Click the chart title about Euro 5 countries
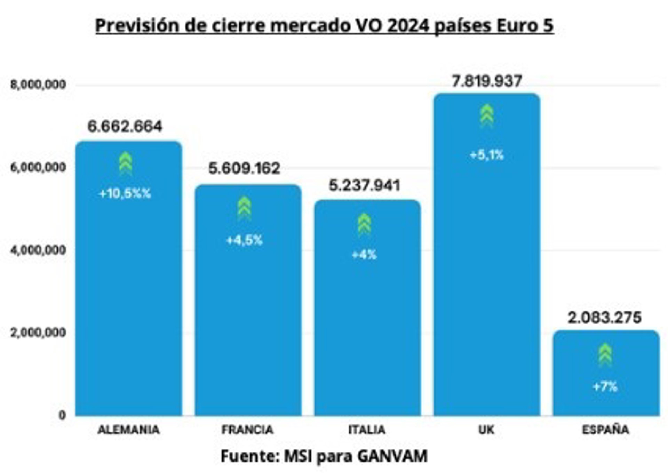click(x=324, y=26)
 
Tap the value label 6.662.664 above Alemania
click(x=125, y=126)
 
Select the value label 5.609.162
click(x=244, y=169)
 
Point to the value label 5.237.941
click(x=364, y=185)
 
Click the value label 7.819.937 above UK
click(x=487, y=81)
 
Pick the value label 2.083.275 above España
click(x=605, y=318)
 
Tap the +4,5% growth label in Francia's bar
click(x=244, y=240)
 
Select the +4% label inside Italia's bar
click(x=364, y=255)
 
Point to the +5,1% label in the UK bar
click(x=487, y=155)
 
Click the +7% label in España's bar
click(x=605, y=386)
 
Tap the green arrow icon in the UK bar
click(x=487, y=115)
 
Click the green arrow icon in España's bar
click(x=605, y=354)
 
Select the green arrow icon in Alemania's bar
click(x=126, y=163)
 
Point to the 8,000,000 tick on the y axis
click(x=38, y=85)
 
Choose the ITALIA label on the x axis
click(x=367, y=430)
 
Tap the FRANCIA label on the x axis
click(x=247, y=430)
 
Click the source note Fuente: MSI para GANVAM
click(x=324, y=456)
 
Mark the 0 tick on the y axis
click(x=62, y=415)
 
